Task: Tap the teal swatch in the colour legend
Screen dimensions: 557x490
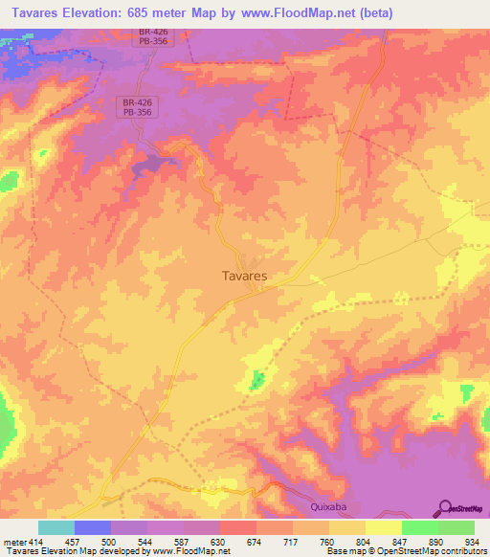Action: (x=56, y=527)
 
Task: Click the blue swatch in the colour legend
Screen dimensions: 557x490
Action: (x=93, y=527)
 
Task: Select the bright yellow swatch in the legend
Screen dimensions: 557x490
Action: (x=383, y=527)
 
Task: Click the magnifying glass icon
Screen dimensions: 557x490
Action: (x=445, y=509)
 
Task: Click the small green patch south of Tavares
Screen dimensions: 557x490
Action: (x=256, y=382)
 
